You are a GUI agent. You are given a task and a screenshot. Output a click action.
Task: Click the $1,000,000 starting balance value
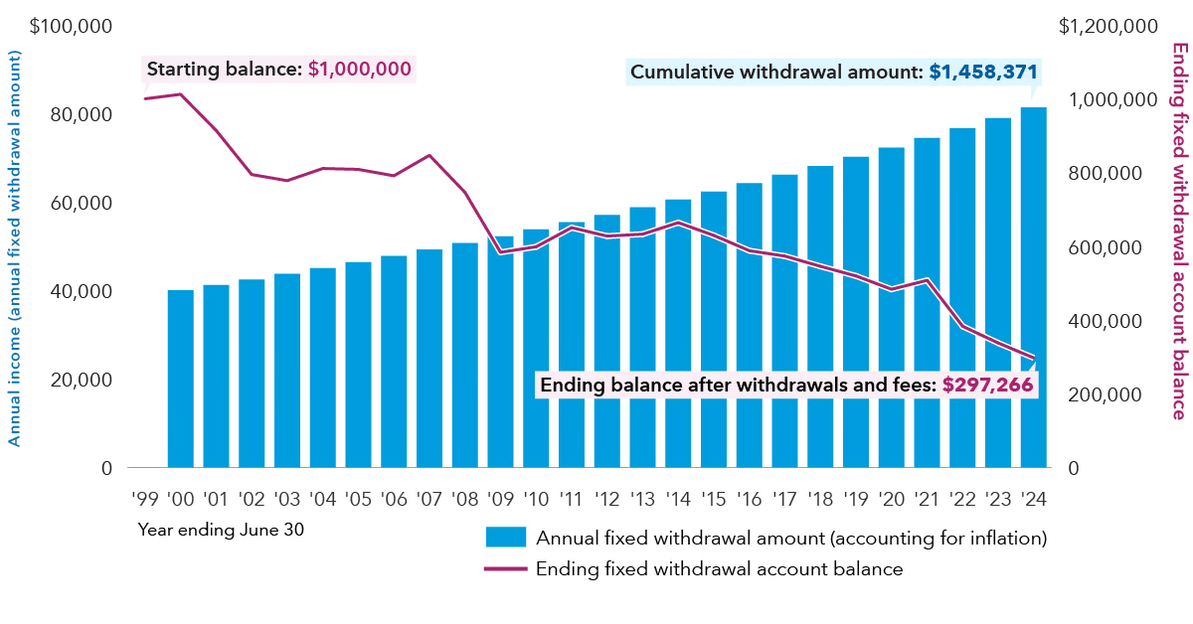[359, 70]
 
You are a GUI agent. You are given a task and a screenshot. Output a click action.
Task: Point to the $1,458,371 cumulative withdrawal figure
[983, 73]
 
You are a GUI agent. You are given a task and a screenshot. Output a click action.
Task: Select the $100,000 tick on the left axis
[71, 26]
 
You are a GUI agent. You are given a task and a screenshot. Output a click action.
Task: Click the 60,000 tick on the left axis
[79, 203]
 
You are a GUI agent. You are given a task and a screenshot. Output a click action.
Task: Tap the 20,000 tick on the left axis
[79, 380]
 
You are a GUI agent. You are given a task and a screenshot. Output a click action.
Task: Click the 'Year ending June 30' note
[221, 530]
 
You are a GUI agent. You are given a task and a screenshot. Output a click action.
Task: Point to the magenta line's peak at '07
[429, 155]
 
